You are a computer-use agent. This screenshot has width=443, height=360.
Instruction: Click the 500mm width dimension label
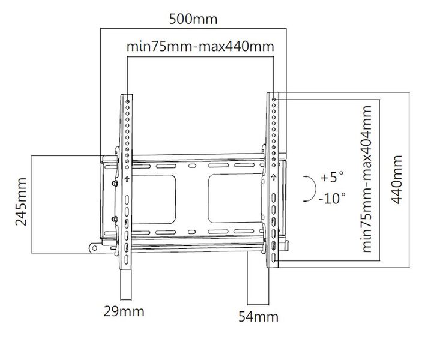193,19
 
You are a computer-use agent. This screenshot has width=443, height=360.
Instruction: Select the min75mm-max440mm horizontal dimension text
200,46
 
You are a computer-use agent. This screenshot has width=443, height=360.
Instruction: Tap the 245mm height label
21,202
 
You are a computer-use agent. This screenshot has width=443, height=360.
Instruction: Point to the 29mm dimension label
124,311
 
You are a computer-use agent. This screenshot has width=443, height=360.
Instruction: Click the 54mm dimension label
259,317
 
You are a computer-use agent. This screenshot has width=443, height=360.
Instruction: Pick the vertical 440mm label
397,179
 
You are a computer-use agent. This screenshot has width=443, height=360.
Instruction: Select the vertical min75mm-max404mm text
366,179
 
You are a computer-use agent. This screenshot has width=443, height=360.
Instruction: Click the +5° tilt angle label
333,177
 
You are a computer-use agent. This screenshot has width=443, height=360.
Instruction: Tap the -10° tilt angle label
332,198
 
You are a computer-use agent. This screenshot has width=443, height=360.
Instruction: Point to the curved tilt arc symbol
315,188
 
